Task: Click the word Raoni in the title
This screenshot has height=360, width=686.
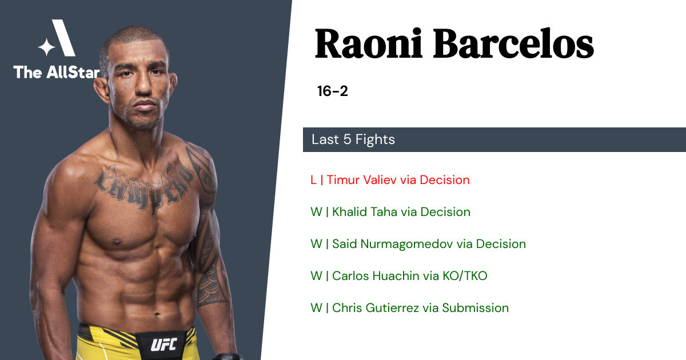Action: click(369, 43)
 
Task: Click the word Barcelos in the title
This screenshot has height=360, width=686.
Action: click(513, 43)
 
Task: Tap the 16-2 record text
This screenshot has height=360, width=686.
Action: click(332, 91)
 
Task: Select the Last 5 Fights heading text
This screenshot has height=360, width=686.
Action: click(353, 139)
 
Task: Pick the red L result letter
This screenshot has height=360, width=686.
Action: click(313, 180)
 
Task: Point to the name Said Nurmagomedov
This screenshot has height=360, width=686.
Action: click(392, 244)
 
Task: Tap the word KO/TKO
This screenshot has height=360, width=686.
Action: click(465, 276)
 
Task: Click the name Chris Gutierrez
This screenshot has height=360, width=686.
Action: click(376, 308)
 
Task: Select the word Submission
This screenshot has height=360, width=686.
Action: click(475, 308)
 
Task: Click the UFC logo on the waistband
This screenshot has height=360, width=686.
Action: click(164, 345)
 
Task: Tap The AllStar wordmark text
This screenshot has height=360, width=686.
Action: click(57, 73)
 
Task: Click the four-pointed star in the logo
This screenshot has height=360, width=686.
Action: click(46, 47)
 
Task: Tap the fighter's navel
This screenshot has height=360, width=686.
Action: click(157, 314)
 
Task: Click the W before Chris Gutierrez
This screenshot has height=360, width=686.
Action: click(316, 308)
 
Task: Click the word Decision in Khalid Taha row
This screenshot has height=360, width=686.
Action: click(445, 212)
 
